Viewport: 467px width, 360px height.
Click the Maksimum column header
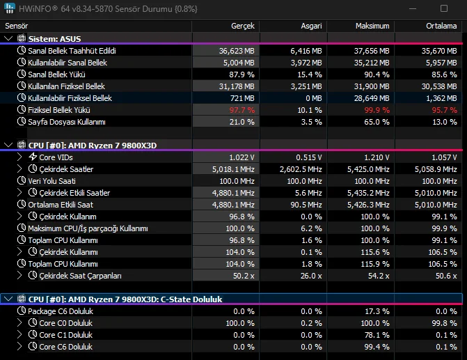(372, 25)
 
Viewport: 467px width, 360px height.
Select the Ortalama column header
(441, 25)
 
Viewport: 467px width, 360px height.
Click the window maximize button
(444, 8)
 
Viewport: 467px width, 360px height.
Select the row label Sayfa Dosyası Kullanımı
(66, 122)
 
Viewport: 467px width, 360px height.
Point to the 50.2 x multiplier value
(241, 276)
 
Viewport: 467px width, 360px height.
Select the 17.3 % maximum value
(377, 311)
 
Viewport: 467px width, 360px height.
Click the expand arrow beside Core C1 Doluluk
(19, 335)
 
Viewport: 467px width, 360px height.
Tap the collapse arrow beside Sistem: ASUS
(8, 38)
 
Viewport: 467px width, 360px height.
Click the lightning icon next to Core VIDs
(33, 157)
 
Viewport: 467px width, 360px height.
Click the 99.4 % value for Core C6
(377, 347)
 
